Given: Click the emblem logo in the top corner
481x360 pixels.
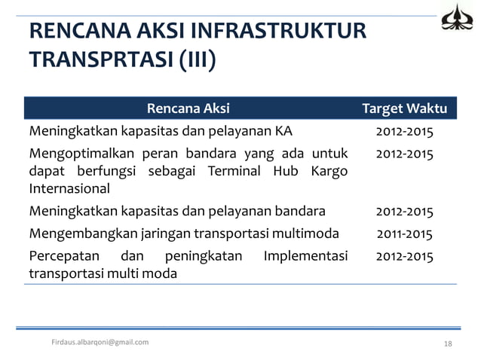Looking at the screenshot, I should (458, 18).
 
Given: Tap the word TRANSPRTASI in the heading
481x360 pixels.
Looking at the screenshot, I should (101, 59).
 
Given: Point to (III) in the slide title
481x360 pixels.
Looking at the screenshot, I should (198, 59).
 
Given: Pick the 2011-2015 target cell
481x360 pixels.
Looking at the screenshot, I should (405, 233).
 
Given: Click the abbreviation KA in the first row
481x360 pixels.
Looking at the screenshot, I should (283, 132).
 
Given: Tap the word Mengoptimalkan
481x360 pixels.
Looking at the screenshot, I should (76, 154).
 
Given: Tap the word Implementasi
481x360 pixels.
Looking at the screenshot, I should (305, 256).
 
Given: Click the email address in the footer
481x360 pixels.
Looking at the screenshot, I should (100, 342).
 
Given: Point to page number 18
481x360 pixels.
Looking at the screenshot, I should (448, 343).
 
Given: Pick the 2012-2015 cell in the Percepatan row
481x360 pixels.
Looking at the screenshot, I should (405, 256).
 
